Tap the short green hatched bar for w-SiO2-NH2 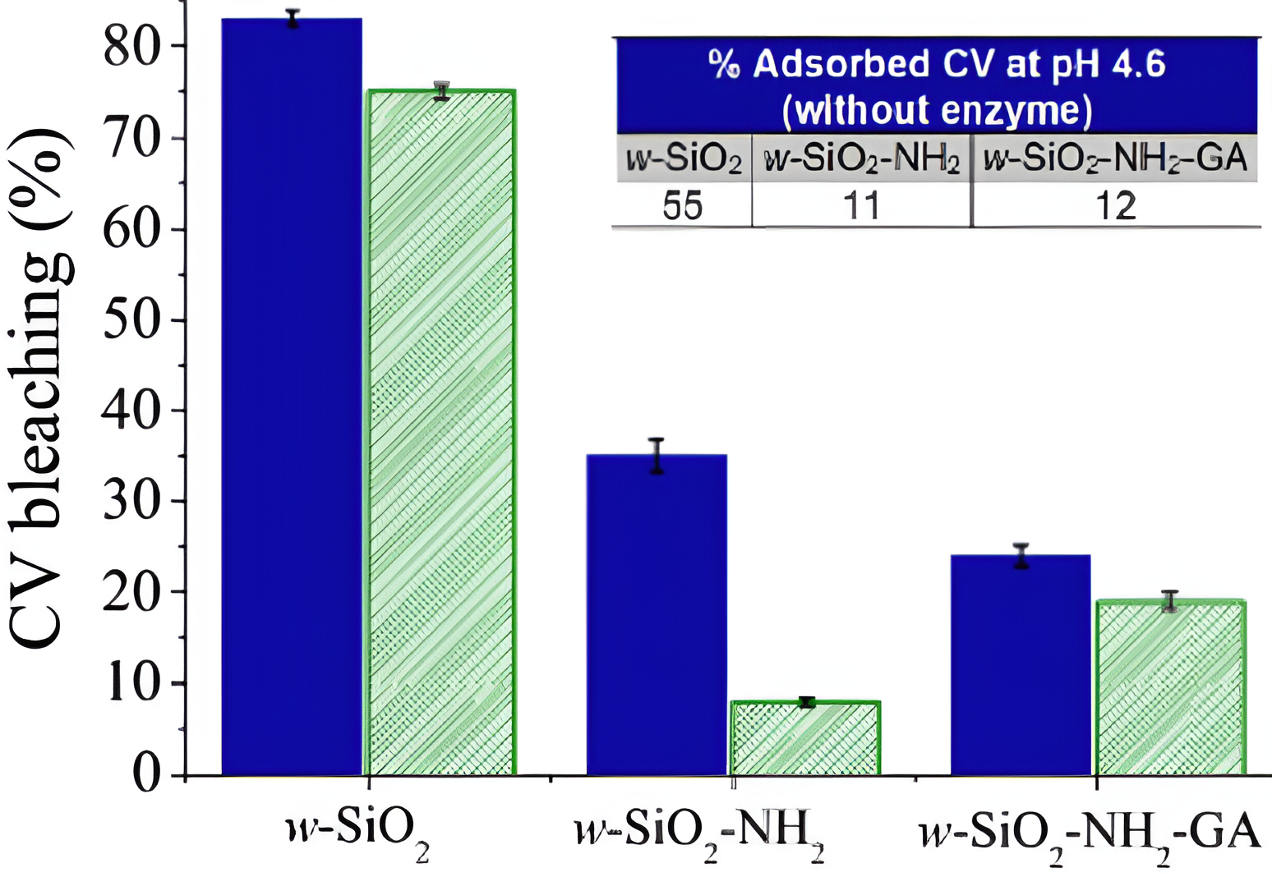pos(805,738)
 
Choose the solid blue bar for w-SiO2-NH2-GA pos(1021,664)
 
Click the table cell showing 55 pos(683,205)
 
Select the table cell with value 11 pos(861,205)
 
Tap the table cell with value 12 pos(1115,205)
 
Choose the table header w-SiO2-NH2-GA pos(1115,157)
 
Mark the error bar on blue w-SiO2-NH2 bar pos(657,456)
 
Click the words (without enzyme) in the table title pos(937,110)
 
